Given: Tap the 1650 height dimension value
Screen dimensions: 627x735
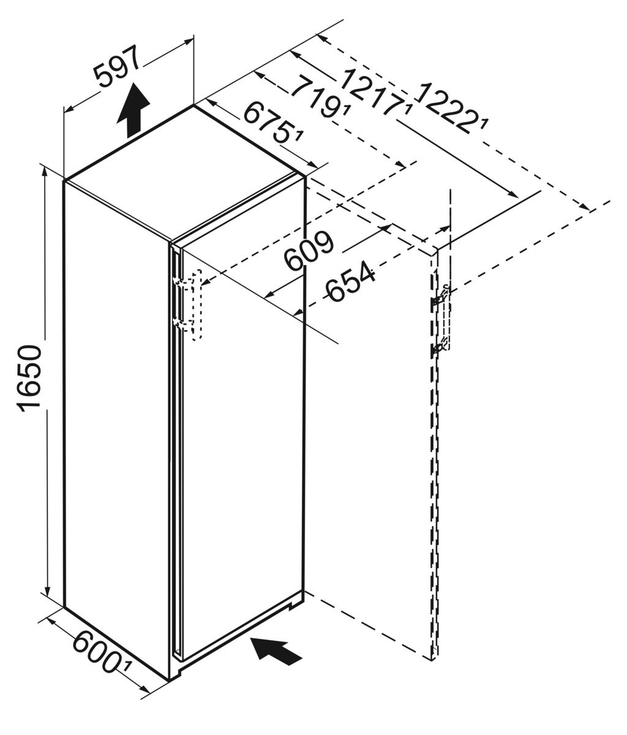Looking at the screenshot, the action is [x=29, y=378].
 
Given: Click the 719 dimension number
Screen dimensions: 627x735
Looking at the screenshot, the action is [x=318, y=97].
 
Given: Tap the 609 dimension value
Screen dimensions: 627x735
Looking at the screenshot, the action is [x=309, y=251].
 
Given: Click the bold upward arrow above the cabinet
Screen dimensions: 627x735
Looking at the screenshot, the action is [x=133, y=110].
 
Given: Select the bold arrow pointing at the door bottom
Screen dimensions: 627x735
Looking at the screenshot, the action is [x=276, y=652].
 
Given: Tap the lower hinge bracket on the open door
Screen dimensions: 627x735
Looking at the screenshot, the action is [x=439, y=348].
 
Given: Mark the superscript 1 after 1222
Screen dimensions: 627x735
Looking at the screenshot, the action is [x=484, y=125].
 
